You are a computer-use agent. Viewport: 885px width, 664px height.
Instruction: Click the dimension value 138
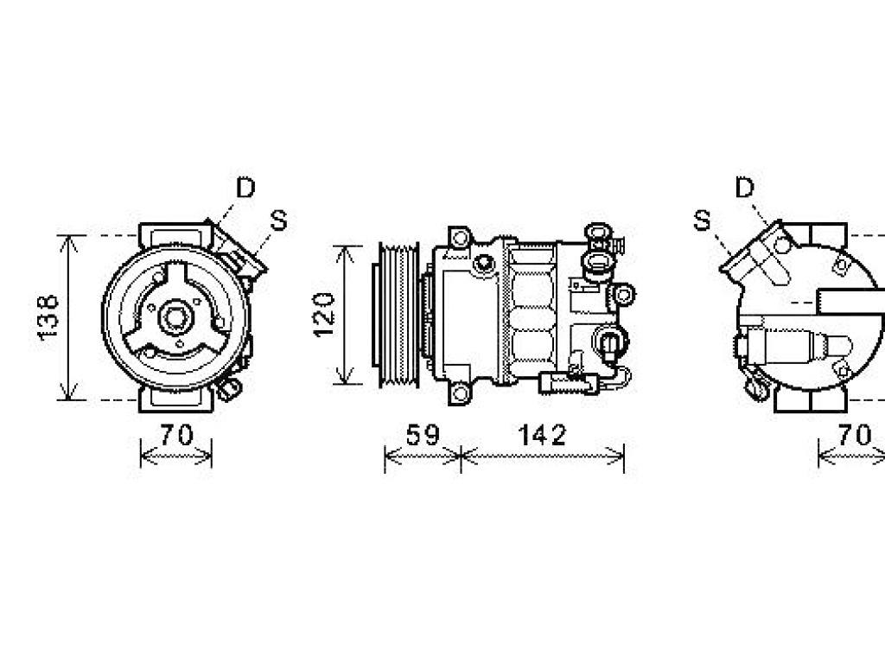coord(48,316)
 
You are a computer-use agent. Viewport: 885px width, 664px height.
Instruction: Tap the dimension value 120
coord(323,315)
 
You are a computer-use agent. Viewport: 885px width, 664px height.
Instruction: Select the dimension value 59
coord(422,435)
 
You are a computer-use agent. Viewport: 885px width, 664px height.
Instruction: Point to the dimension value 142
coord(542,435)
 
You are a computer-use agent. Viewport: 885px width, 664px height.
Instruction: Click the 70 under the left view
coord(176,435)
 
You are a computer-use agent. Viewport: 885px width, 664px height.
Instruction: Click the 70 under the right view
coord(855,435)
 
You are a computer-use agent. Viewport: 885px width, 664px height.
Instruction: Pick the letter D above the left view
coord(245,188)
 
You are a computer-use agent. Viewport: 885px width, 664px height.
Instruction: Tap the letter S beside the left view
coord(279,220)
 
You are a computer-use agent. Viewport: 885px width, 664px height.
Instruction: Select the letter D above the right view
coord(745,188)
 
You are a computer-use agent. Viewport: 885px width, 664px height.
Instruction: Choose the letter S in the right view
coord(702,220)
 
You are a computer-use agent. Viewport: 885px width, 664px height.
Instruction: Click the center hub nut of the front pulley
coord(176,317)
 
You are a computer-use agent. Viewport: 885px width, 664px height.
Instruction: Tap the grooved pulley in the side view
coord(397,315)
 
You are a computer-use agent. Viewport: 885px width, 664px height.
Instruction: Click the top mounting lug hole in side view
coord(460,237)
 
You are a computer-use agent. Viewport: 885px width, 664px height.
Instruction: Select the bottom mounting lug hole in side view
coord(460,393)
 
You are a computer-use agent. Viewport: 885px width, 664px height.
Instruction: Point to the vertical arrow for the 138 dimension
coord(69,317)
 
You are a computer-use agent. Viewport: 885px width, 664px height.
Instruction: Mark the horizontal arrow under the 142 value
coord(543,455)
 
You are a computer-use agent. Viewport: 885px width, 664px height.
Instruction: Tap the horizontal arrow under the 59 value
coord(422,455)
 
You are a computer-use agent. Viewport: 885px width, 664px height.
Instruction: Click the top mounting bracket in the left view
coord(176,235)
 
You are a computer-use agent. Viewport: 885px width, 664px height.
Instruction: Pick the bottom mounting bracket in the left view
coord(176,399)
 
